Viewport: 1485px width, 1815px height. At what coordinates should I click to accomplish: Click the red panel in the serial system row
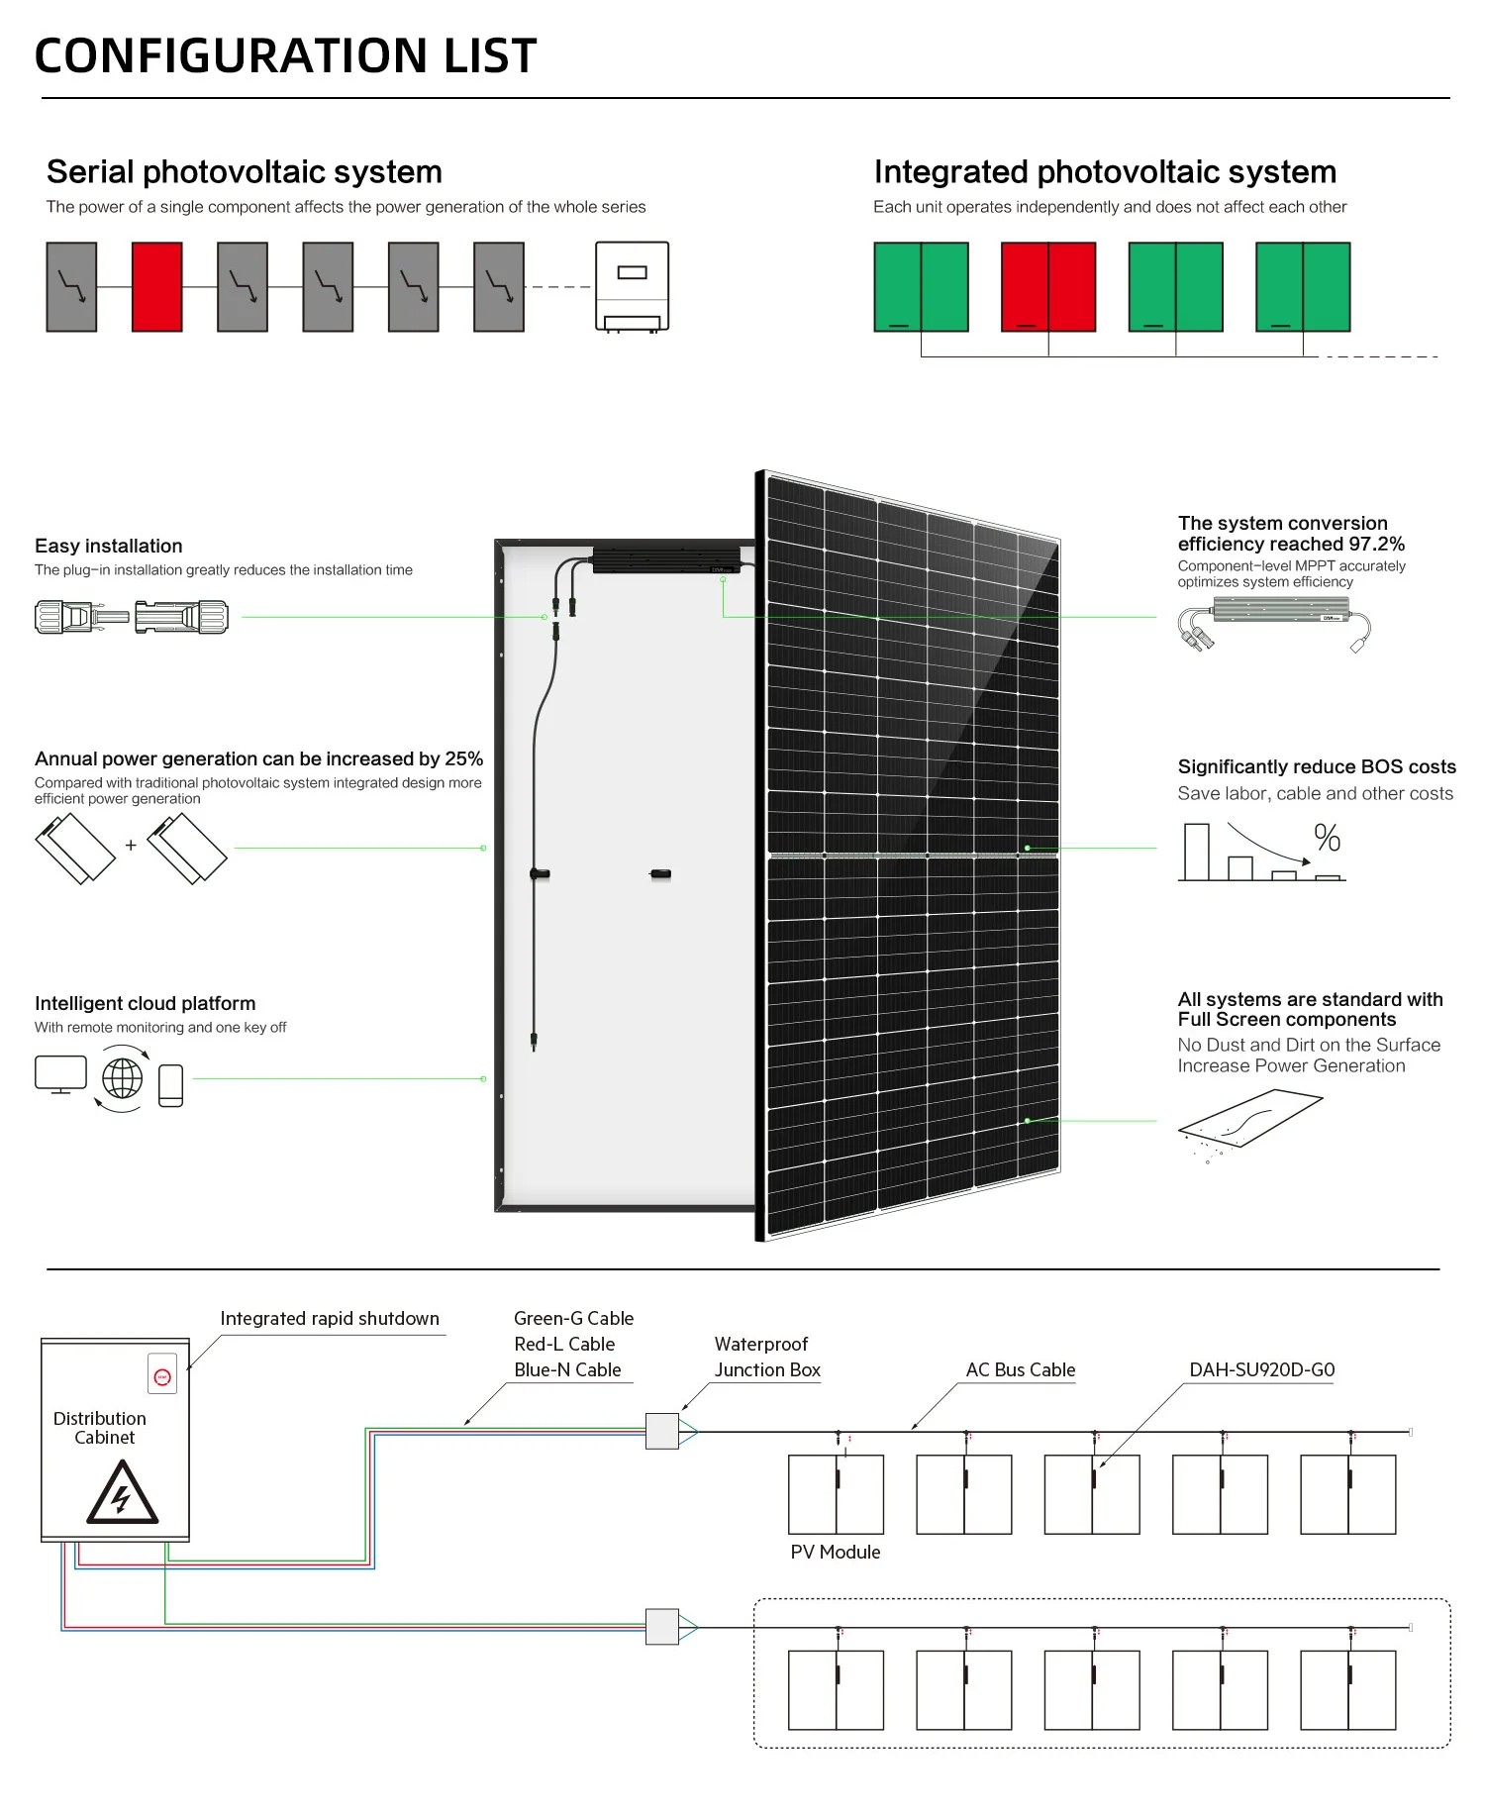point(156,286)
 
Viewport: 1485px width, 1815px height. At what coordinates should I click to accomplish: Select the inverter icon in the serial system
point(632,286)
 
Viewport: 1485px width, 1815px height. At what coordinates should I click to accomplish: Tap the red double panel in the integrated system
point(1048,286)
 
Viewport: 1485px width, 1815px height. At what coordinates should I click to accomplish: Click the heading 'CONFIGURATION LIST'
point(285,55)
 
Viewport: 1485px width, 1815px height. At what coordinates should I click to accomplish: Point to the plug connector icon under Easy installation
point(132,617)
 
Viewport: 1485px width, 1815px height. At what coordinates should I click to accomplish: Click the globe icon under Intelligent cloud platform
point(122,1078)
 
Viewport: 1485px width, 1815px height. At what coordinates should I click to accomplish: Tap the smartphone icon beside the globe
point(171,1085)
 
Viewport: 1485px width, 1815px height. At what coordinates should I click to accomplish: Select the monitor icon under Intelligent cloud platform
point(60,1073)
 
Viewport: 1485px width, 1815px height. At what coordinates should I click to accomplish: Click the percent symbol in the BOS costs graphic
point(1328,839)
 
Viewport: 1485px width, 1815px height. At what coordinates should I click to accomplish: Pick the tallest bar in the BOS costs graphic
point(1196,852)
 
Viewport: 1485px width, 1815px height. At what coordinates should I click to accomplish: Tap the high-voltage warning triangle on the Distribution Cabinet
point(121,1493)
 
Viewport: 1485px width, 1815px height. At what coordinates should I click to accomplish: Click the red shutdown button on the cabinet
point(162,1377)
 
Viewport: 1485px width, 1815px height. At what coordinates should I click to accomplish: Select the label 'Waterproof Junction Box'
point(766,1357)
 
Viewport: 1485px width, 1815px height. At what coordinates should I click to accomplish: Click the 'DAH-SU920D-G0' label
point(1261,1369)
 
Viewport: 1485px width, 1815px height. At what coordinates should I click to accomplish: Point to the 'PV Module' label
point(835,1552)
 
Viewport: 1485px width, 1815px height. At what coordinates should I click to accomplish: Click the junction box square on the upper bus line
point(661,1431)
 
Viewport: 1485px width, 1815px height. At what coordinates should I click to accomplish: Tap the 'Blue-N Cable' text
point(567,1369)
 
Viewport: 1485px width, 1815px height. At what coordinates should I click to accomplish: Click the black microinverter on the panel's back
point(665,560)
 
